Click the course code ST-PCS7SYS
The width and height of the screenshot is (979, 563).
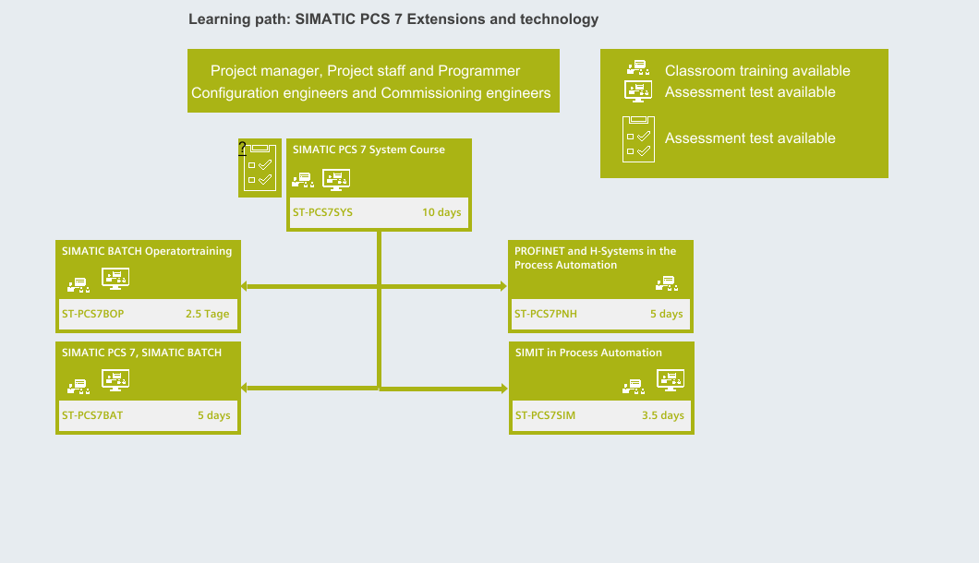click(323, 212)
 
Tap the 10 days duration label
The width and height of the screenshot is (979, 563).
click(441, 212)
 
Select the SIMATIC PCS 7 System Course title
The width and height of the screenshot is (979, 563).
click(369, 150)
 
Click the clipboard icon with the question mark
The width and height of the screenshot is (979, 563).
click(260, 168)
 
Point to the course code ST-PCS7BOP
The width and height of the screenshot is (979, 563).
click(93, 314)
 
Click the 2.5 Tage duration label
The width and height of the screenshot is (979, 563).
click(207, 314)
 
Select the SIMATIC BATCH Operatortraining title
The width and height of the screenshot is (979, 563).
click(147, 251)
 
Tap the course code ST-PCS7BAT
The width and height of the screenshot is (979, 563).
click(92, 415)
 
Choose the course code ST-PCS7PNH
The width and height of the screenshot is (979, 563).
click(546, 314)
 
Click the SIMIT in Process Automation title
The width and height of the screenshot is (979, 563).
click(588, 353)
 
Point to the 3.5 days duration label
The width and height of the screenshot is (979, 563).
click(663, 415)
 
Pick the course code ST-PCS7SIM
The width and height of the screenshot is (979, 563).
click(545, 415)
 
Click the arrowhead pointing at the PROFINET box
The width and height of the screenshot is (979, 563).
click(504, 286)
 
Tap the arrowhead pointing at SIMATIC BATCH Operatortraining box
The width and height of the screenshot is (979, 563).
click(244, 286)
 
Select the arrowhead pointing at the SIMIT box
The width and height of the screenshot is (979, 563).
click(504, 389)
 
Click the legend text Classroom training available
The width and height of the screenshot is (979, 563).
click(757, 71)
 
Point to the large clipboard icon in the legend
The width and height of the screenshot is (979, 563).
click(639, 139)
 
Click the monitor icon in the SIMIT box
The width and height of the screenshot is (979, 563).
click(671, 380)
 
